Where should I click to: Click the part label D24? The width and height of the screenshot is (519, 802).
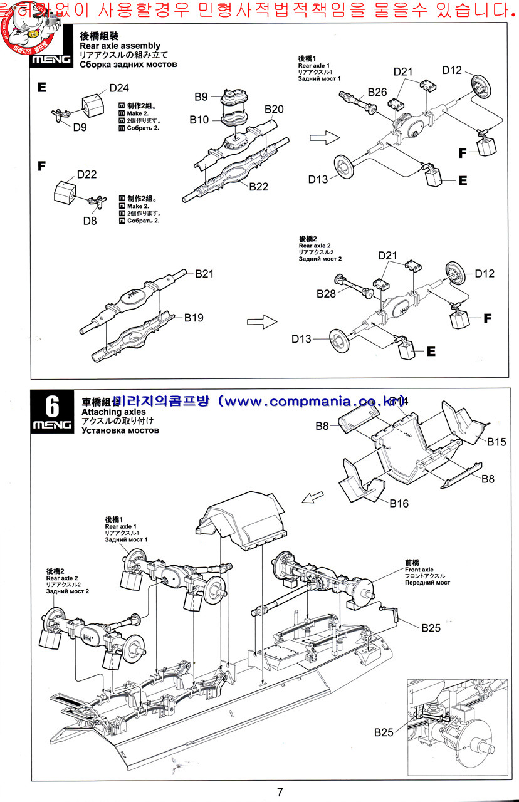(x=119, y=88)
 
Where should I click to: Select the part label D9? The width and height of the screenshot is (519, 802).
(x=80, y=128)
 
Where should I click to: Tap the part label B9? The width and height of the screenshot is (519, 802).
(x=201, y=96)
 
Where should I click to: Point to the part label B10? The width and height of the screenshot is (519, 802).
(x=200, y=120)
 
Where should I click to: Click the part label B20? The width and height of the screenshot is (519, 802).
(x=274, y=109)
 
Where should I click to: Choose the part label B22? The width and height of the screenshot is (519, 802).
(x=258, y=186)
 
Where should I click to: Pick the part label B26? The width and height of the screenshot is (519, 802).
(x=377, y=91)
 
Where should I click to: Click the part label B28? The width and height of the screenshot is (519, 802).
(x=327, y=293)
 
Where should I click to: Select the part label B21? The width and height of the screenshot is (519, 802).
(x=204, y=274)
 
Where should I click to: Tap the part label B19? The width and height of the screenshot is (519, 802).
(x=194, y=318)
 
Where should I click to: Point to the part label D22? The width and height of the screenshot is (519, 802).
(x=87, y=174)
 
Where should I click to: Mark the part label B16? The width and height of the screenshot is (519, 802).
(x=399, y=503)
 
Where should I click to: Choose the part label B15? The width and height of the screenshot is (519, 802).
(x=496, y=442)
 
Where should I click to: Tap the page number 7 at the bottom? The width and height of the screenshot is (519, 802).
(x=280, y=791)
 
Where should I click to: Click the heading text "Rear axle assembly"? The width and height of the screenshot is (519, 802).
(x=120, y=46)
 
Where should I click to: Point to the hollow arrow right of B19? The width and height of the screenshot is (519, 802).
(x=262, y=321)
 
